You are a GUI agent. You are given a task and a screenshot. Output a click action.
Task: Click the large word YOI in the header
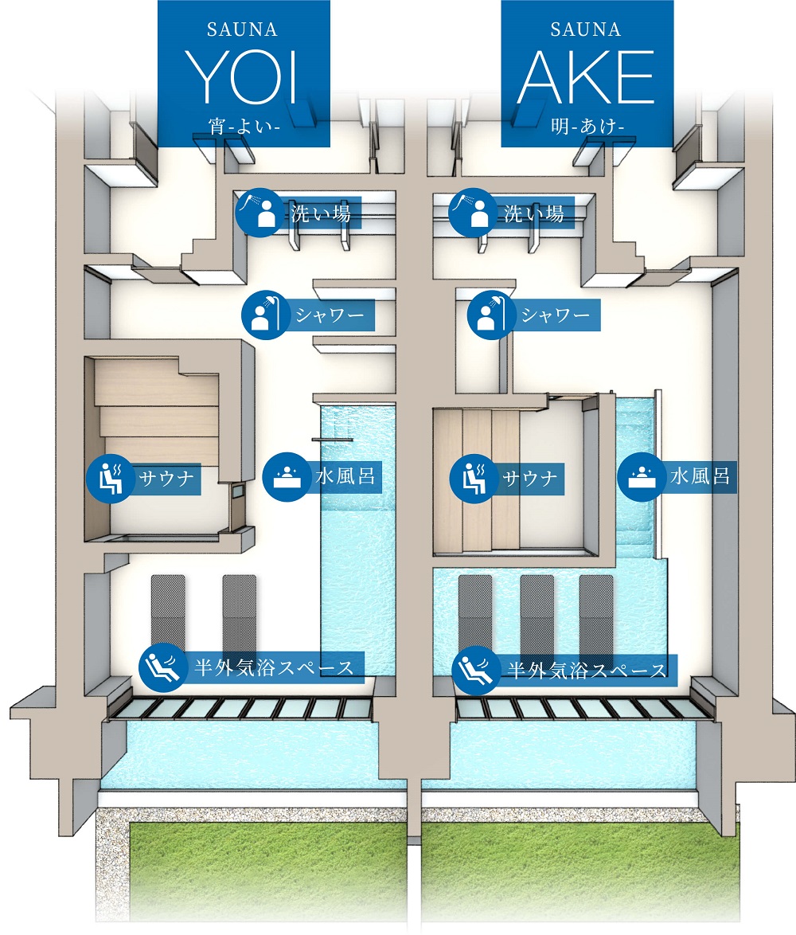point(244,77)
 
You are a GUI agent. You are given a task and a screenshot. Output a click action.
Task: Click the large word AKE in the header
point(586,77)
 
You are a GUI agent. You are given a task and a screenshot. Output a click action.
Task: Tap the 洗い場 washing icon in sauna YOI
point(260,213)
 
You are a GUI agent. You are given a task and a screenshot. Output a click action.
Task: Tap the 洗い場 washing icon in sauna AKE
point(473,213)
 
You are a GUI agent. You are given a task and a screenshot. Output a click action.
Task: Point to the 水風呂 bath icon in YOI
point(286,478)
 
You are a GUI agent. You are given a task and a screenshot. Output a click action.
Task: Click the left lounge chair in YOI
point(168,617)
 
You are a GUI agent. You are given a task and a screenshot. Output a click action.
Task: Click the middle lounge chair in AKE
point(537,613)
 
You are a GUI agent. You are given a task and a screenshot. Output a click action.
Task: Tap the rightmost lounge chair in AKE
point(596,613)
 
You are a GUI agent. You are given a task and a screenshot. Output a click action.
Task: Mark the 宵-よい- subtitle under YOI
point(244,125)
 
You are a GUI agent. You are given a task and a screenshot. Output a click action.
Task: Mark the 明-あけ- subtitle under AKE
point(586,125)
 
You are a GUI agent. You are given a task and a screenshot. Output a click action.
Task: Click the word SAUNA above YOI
point(243,29)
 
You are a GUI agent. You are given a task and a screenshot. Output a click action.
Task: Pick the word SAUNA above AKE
point(586,29)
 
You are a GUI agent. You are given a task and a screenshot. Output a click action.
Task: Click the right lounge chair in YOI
point(240,617)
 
